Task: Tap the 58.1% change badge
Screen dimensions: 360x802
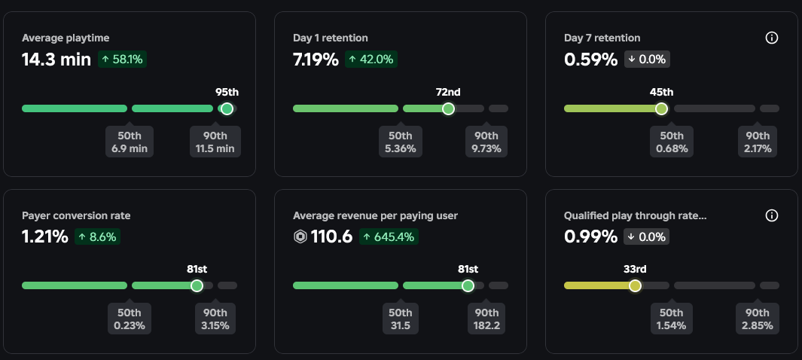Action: (122, 59)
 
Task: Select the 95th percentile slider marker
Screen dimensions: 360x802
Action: (227, 108)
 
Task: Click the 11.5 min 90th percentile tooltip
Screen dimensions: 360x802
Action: (215, 142)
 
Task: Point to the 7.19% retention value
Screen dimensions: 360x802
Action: (316, 59)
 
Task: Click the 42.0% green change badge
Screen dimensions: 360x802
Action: (371, 59)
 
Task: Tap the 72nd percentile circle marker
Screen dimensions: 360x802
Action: (448, 108)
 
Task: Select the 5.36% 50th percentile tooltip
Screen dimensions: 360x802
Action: (400, 142)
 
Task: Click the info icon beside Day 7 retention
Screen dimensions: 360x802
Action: (771, 38)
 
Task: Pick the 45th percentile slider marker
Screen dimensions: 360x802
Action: (661, 108)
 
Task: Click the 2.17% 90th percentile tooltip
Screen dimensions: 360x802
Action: (757, 142)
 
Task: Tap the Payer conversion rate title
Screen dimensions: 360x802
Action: (76, 215)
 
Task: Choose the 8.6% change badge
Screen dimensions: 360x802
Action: (98, 237)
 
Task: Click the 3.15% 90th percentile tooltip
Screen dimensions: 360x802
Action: (215, 319)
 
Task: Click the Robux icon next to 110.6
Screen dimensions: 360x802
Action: (301, 237)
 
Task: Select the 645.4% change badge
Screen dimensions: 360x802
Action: (388, 237)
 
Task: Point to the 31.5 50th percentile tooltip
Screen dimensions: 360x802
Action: (400, 319)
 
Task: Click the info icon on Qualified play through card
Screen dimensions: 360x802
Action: (771, 215)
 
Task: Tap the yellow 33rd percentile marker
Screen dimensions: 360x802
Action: (635, 286)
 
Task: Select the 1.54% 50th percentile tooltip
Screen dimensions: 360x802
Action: (671, 319)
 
